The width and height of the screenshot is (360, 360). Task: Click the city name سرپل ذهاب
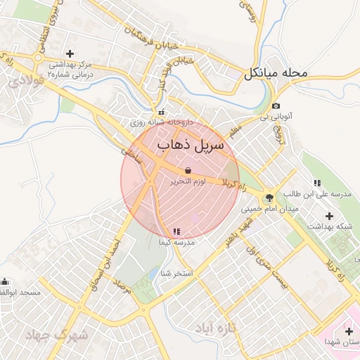click(190, 146)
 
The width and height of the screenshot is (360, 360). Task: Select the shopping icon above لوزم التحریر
click(188, 170)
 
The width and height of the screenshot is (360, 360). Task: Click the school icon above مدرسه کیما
click(176, 231)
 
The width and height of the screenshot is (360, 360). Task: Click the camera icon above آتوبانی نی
click(275, 106)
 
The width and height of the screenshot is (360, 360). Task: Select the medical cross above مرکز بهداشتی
click(70, 53)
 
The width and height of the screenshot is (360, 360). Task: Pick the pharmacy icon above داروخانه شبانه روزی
click(162, 112)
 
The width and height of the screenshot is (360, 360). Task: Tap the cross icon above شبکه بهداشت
click(329, 215)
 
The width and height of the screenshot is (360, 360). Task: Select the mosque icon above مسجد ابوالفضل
click(6, 282)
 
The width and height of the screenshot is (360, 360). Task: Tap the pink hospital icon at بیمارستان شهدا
click(349, 331)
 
